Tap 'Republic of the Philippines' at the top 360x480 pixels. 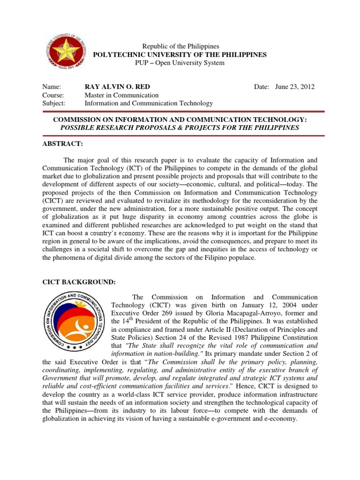coord(180,46)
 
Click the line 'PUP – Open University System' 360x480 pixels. coord(180,63)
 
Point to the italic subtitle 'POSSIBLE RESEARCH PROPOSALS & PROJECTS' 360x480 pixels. coord(180,127)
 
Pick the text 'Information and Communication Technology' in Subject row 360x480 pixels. coord(148,103)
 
